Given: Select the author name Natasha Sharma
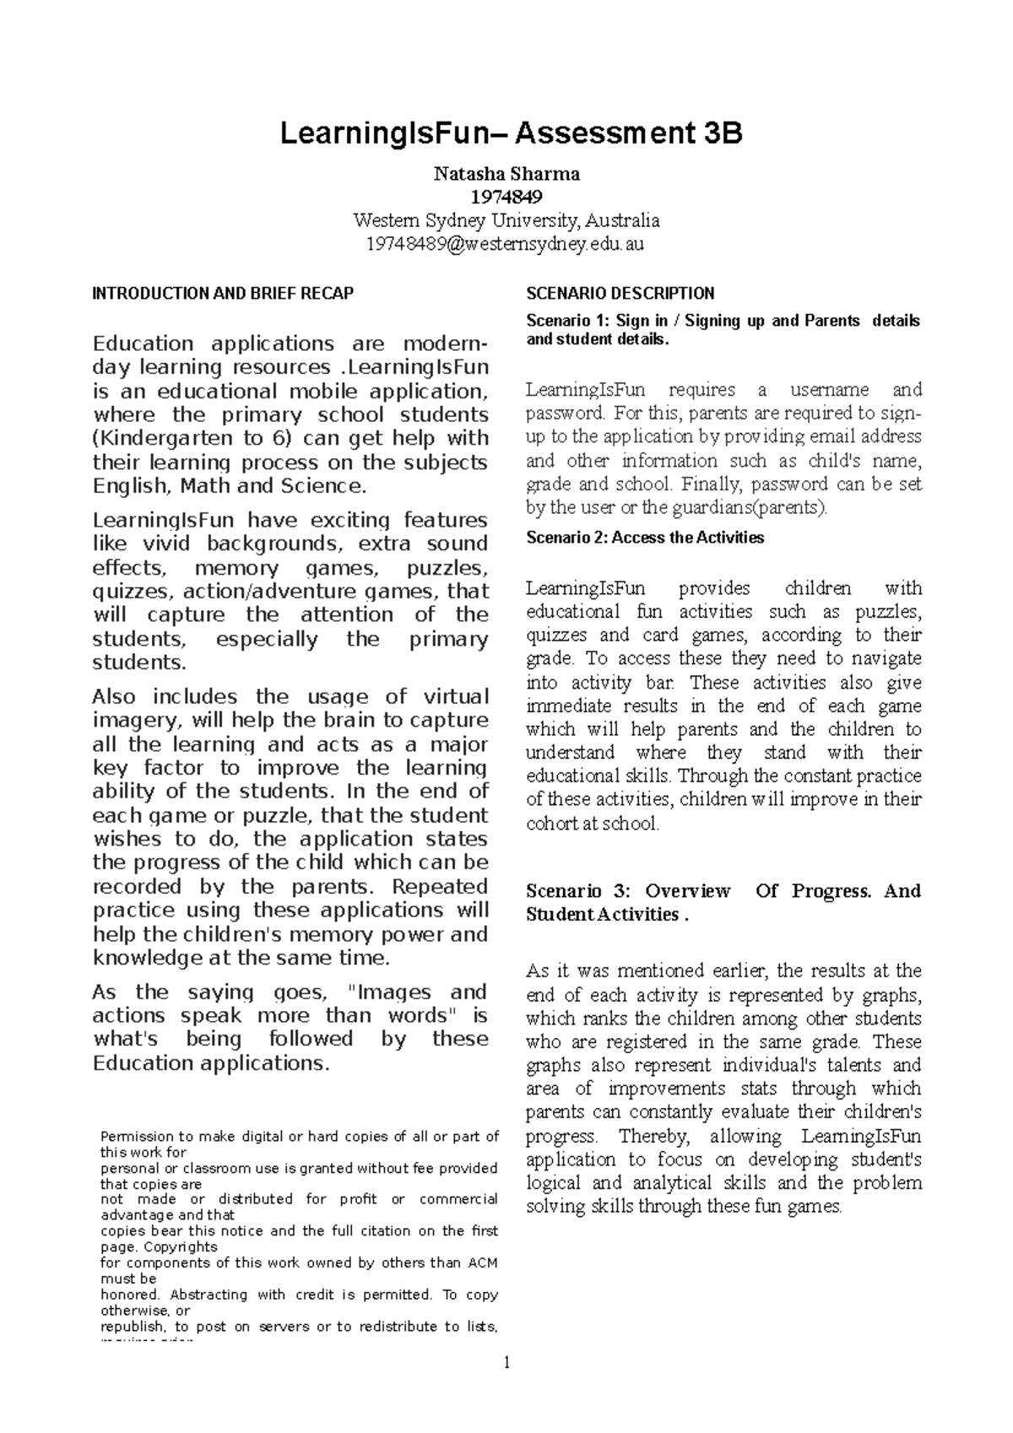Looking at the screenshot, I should pos(506,175).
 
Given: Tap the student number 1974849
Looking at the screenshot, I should pos(506,197).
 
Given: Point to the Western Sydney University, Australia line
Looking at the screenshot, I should pos(506,221).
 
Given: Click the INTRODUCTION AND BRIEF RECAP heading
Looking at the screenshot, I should pos(223,294).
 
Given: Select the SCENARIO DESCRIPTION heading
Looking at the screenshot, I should pos(620,294).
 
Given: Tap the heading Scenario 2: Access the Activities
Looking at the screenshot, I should pos(644,538).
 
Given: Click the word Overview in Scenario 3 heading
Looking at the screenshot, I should pos(687,891).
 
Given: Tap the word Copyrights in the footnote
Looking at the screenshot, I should pos(180,1247).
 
